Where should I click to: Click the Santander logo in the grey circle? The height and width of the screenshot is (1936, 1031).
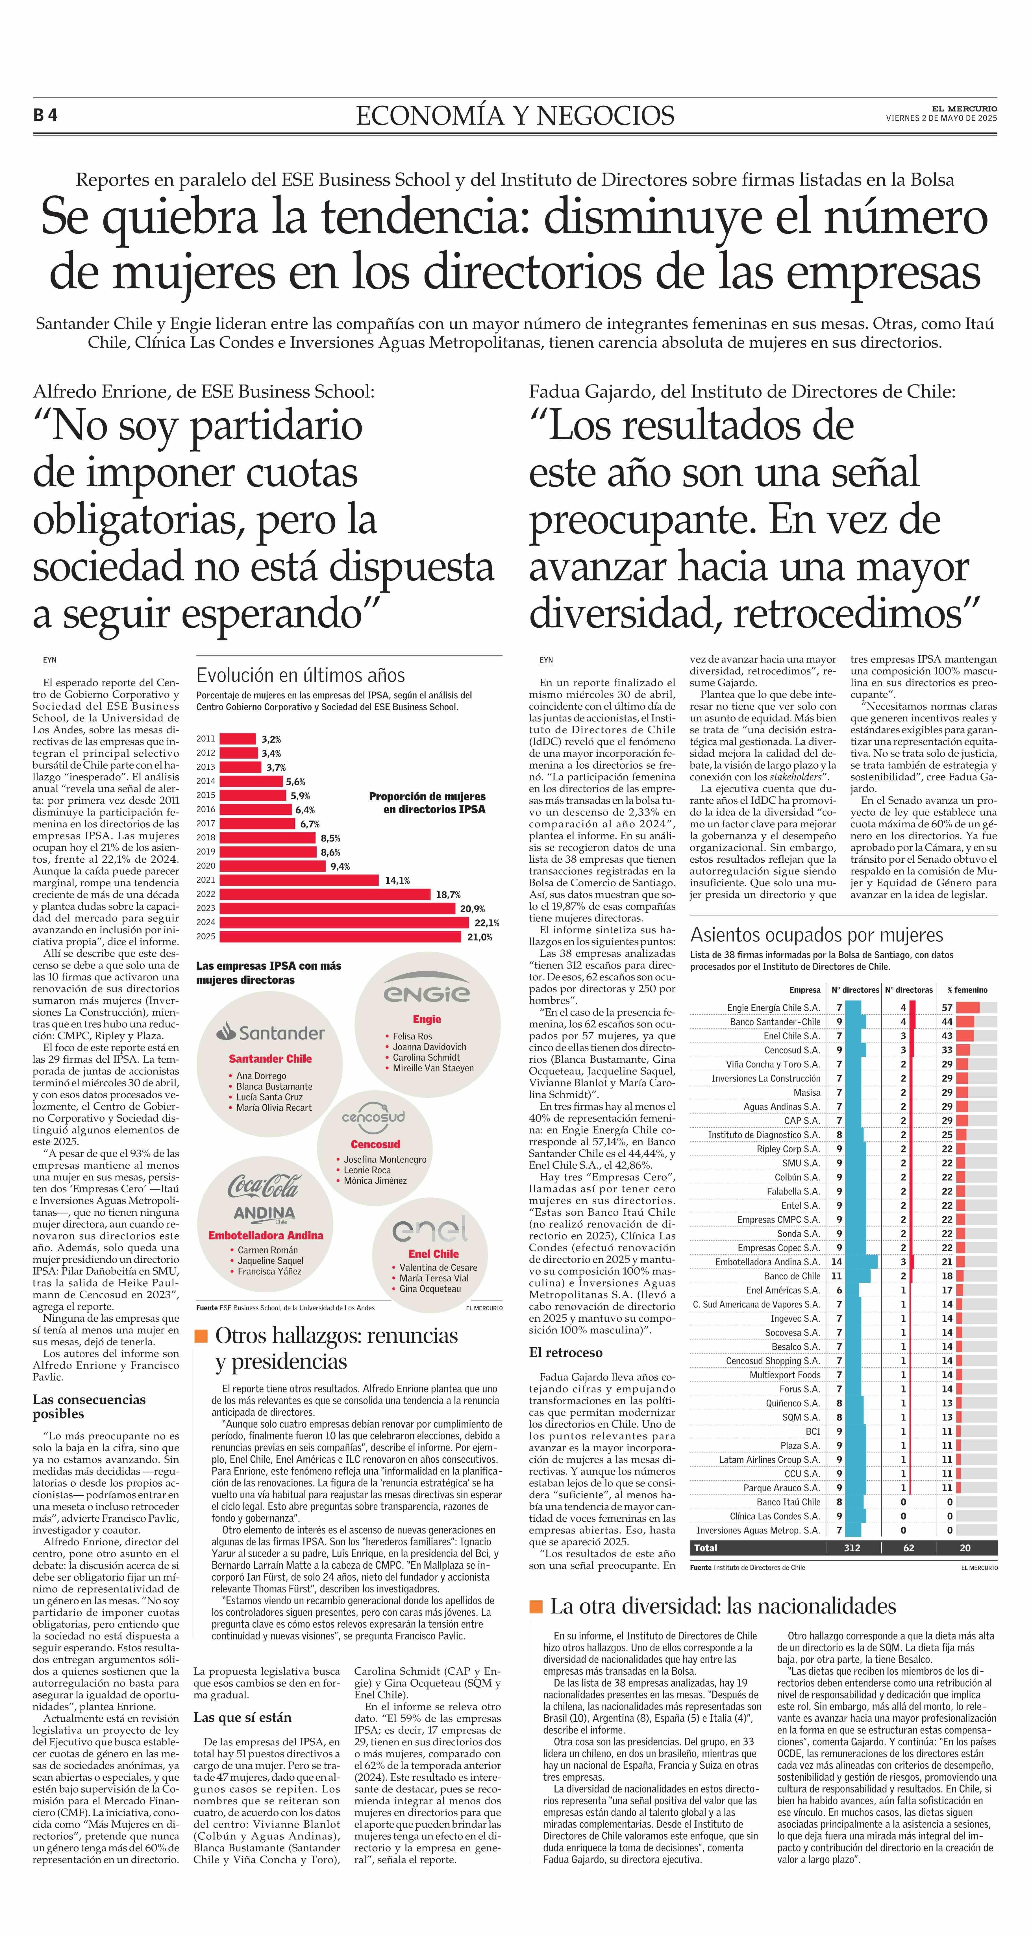pyautogui.click(x=271, y=1033)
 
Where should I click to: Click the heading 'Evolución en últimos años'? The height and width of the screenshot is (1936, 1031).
pyautogui.click(x=301, y=675)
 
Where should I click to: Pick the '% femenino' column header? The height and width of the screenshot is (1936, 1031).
pyautogui.click(x=967, y=990)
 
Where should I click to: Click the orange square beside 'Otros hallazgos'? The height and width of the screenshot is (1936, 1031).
pyautogui.click(x=201, y=1335)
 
